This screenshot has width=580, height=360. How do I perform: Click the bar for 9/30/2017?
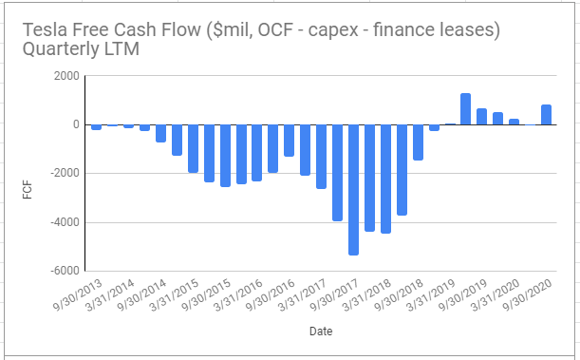[353, 189]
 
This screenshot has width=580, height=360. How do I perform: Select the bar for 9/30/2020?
[547, 114]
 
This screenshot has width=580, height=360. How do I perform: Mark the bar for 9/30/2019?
[482, 116]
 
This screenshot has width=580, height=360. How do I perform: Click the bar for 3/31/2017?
[321, 156]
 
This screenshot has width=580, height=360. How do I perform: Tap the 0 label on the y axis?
[72, 124]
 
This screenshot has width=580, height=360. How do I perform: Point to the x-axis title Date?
[320, 332]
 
